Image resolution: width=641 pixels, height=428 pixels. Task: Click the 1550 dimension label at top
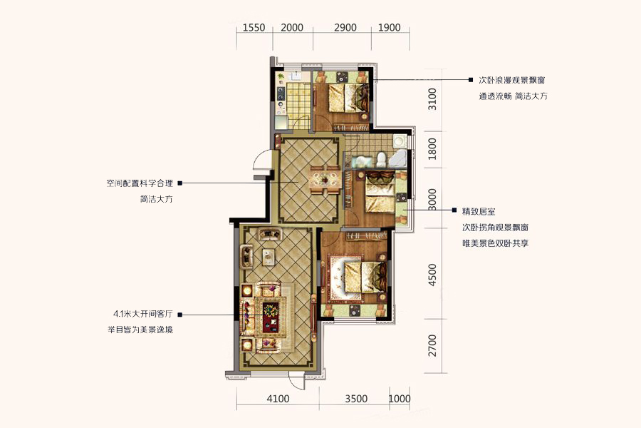click(x=254, y=27)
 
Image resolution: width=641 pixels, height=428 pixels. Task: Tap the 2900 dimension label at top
click(x=345, y=27)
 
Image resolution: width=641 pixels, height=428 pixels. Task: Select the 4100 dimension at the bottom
click(x=278, y=399)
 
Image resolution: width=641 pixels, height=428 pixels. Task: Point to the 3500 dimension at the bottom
click(x=356, y=399)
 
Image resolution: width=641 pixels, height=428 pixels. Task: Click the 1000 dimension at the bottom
click(x=399, y=399)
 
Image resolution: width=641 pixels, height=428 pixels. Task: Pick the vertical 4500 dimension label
click(x=432, y=275)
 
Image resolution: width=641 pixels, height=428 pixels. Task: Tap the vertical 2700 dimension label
click(x=432, y=345)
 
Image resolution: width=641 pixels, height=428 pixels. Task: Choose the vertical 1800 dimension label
click(x=432, y=149)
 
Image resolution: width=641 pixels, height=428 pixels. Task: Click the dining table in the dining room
click(x=325, y=179)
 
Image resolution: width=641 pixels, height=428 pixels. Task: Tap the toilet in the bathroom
click(x=381, y=159)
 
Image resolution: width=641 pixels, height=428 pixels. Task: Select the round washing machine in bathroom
click(x=399, y=141)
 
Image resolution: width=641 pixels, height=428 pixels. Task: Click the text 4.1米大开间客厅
click(x=143, y=314)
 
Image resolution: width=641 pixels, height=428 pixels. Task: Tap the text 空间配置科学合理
click(x=140, y=183)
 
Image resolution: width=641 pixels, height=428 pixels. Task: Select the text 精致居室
click(x=479, y=211)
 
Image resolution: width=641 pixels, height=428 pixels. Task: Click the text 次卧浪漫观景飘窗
click(x=512, y=80)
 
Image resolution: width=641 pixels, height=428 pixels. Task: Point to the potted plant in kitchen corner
click(x=281, y=76)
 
